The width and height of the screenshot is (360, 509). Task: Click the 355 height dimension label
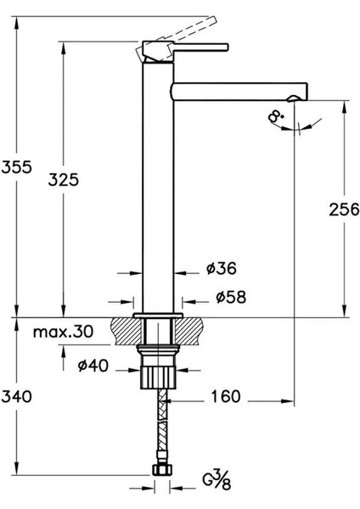(x=18, y=167)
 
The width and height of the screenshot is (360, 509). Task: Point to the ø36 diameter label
(x=221, y=269)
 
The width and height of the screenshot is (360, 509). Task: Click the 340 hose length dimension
(x=18, y=395)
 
